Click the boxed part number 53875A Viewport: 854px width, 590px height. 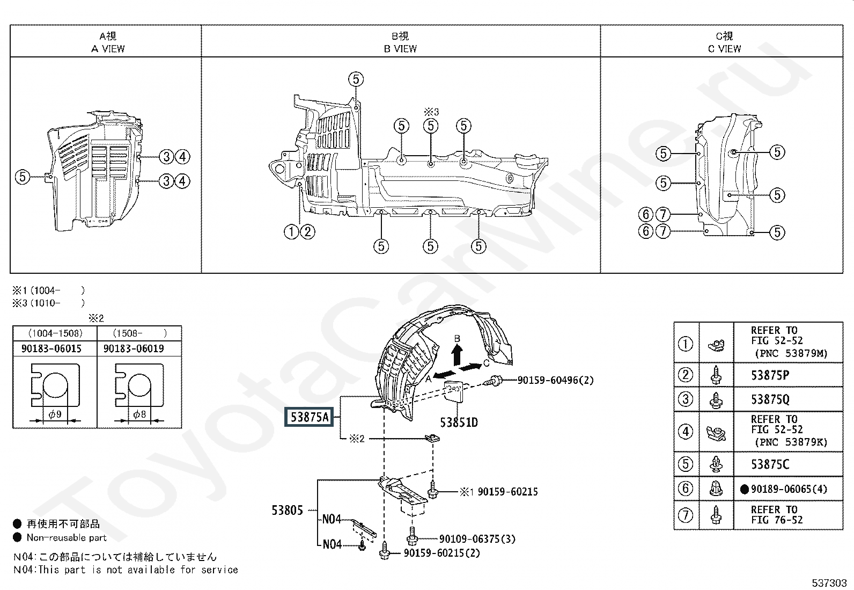(x=309, y=417)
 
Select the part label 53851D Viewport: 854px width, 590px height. (x=459, y=423)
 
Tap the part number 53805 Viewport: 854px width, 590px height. (x=287, y=510)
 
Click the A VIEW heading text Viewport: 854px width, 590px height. (x=108, y=49)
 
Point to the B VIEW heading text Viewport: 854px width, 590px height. (x=400, y=49)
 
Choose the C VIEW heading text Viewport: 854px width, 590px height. (x=724, y=49)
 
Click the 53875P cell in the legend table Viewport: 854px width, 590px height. (x=770, y=375)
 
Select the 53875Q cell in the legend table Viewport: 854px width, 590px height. (x=770, y=399)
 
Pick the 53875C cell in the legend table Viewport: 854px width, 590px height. (x=770, y=464)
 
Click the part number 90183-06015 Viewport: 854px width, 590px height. (x=51, y=348)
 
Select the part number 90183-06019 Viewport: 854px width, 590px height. (x=134, y=348)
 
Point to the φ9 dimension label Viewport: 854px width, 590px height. (x=55, y=414)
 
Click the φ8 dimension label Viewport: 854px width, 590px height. (x=139, y=414)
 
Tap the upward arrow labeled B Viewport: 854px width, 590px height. (x=457, y=354)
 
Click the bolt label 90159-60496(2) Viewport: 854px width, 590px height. (x=556, y=380)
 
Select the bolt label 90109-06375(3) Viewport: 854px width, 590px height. (x=477, y=539)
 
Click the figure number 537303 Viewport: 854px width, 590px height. (x=829, y=583)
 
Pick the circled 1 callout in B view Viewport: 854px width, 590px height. (x=291, y=231)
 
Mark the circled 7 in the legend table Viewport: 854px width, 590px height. (x=686, y=515)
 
